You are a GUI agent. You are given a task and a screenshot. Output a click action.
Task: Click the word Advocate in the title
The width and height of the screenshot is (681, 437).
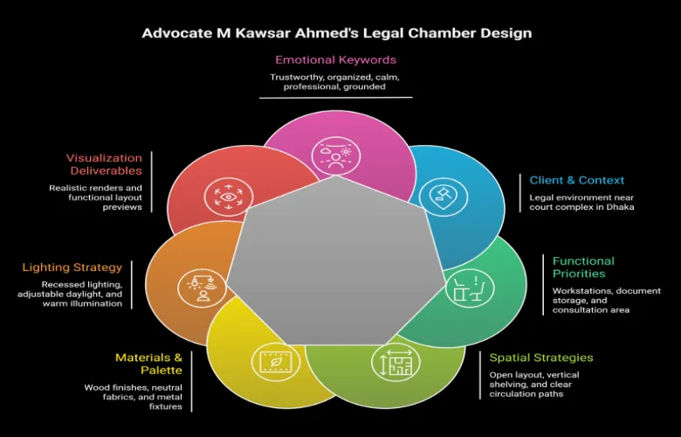pos(176,33)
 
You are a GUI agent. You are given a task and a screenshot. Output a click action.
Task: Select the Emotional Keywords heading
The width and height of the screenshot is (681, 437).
pos(336,60)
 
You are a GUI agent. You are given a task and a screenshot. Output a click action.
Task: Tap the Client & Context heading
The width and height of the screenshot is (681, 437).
pos(577,180)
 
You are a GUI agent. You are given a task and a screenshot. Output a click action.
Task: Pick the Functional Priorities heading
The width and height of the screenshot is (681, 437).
pos(583,267)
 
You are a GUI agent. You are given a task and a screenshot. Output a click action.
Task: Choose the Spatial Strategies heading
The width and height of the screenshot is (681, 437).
pos(541,357)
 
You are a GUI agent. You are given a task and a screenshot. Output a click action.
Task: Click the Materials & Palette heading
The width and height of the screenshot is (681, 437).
pos(148,364)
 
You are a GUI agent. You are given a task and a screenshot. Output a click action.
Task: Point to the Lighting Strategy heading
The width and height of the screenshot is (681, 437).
pos(72,267)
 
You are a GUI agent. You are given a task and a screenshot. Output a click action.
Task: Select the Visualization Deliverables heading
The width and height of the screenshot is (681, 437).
pos(104,164)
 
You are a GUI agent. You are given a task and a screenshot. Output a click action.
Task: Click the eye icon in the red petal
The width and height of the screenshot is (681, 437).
pos(229,197)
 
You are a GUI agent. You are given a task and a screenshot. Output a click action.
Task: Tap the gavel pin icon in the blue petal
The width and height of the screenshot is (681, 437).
pos(444,196)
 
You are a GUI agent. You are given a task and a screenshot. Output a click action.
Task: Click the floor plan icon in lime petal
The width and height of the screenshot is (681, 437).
pos(396,363)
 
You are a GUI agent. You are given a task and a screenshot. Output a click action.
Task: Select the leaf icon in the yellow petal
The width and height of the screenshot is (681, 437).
pos(275,362)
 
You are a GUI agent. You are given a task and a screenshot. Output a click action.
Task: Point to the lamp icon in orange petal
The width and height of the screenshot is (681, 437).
pos(202,288)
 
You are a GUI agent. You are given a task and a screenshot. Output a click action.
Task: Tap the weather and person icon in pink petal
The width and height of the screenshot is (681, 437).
pos(336,156)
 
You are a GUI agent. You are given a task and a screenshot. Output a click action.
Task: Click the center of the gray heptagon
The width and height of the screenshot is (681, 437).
pos(336,265)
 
